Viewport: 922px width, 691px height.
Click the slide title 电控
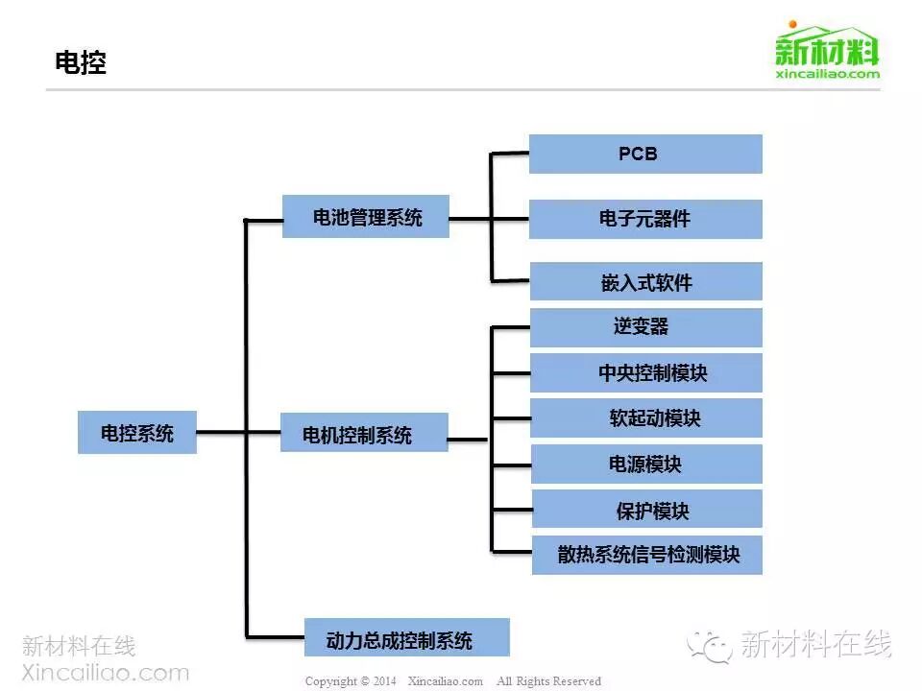click(81, 63)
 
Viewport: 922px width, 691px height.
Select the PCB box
click(645, 154)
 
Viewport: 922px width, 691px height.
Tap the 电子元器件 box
click(645, 219)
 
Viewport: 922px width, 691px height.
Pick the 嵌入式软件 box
click(645, 282)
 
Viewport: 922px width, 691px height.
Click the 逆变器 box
click(645, 327)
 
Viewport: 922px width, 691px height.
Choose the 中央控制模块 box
click(645, 372)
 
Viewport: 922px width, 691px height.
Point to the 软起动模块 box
click(645, 418)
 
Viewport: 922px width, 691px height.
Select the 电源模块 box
click(645, 465)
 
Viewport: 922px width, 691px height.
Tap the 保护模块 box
click(645, 510)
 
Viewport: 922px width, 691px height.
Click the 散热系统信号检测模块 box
click(646, 555)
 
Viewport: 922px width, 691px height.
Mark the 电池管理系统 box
click(366, 217)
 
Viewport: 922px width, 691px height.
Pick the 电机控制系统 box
click(363, 434)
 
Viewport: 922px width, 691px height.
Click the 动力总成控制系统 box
click(406, 639)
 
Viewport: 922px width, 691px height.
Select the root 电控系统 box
click(137, 433)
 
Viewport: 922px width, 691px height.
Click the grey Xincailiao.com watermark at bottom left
click(106, 672)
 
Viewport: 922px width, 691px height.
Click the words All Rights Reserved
click(548, 681)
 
